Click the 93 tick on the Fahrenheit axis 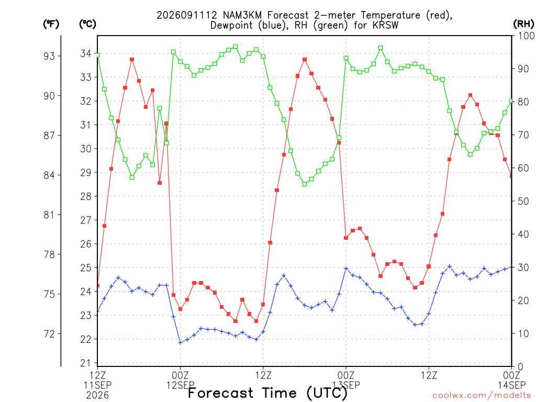pyautogui.click(x=49, y=56)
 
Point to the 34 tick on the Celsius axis pyautogui.click(x=86, y=54)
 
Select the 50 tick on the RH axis pyautogui.click(x=523, y=201)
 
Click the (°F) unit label pyautogui.click(x=51, y=24)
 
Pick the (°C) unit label pyautogui.click(x=87, y=24)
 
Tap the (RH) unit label pyautogui.click(x=523, y=24)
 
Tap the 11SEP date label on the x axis pyautogui.click(x=98, y=385)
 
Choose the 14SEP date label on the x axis pyautogui.click(x=512, y=385)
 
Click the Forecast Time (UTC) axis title pyautogui.click(x=267, y=393)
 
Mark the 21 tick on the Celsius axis pyautogui.click(x=86, y=363)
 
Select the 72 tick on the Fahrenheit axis pyautogui.click(x=49, y=334)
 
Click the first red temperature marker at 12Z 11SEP pyautogui.click(x=98, y=285)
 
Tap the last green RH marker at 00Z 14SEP pyautogui.click(x=511, y=101)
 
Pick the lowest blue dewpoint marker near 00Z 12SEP pyautogui.click(x=180, y=342)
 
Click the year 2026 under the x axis pyautogui.click(x=97, y=396)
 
